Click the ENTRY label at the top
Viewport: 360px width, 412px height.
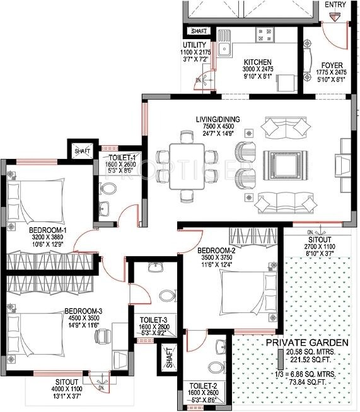335,4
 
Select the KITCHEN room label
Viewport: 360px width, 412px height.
257,62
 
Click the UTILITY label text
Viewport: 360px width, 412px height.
194,45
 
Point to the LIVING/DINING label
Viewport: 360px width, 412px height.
212,117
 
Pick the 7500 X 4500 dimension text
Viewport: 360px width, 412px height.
212,126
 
